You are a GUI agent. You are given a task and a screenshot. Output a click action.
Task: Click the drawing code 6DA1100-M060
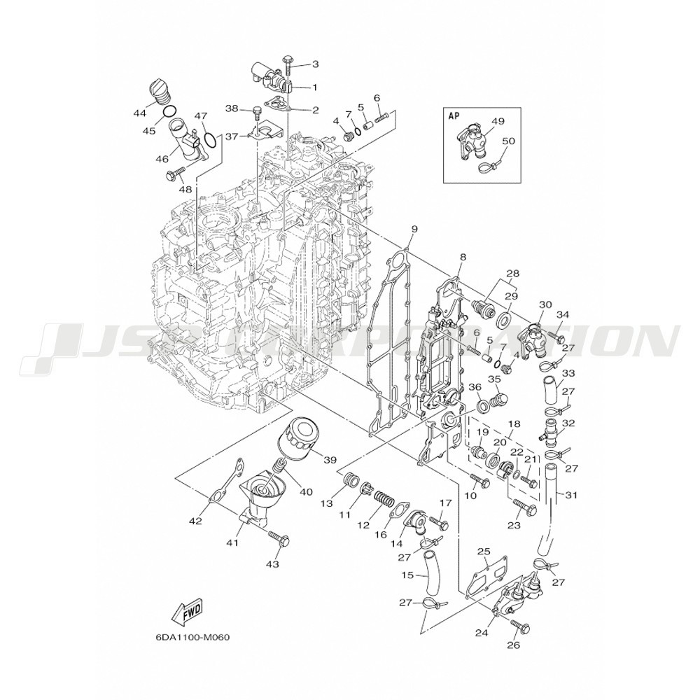(x=193, y=638)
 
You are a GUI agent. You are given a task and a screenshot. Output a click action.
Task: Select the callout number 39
(x=329, y=459)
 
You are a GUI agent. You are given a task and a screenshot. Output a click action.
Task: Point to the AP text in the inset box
(x=454, y=116)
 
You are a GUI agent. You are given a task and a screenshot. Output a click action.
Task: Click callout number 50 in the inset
(x=508, y=141)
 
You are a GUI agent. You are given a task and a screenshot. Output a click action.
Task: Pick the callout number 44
(x=140, y=112)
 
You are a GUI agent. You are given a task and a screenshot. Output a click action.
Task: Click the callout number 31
(x=571, y=496)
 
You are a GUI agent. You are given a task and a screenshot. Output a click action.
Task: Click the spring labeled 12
(x=381, y=499)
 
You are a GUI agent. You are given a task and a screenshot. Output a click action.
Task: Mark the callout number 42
(x=195, y=520)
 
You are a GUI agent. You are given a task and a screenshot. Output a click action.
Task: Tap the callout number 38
(x=232, y=108)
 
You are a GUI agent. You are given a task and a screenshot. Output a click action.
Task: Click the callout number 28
(x=513, y=273)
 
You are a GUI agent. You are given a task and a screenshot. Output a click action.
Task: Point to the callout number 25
(x=483, y=552)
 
